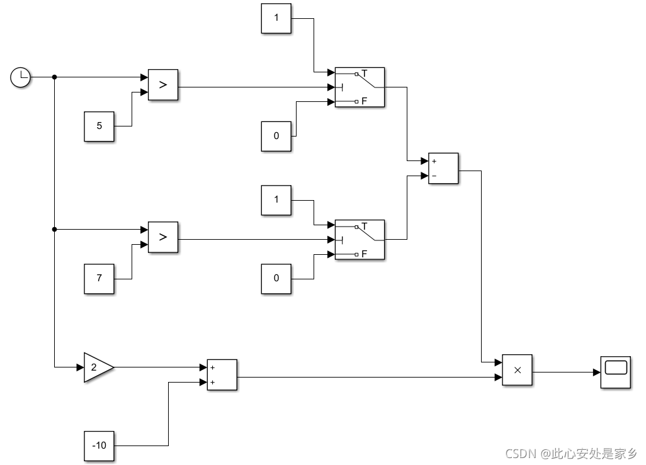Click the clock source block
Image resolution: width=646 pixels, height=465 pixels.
click(x=21, y=77)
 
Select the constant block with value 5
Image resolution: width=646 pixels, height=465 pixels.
click(x=99, y=126)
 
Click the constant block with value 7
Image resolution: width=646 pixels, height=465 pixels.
click(x=99, y=278)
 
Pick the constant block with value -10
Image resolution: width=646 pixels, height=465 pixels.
click(x=99, y=445)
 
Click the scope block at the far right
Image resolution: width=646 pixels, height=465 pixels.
click(x=616, y=372)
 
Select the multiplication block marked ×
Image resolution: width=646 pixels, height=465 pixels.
click(x=518, y=371)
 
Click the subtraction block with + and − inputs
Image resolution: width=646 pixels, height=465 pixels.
click(x=443, y=169)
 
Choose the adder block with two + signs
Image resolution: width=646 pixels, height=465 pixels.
click(x=222, y=374)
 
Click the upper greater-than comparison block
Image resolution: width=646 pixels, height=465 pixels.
click(x=163, y=85)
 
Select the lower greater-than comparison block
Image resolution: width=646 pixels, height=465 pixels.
click(x=163, y=237)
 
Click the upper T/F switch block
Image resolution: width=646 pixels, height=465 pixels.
click(x=360, y=87)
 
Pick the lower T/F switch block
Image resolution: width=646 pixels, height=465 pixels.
click(x=360, y=240)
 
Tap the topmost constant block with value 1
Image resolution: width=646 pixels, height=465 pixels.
click(x=276, y=18)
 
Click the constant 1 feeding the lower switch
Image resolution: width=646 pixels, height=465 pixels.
click(x=276, y=200)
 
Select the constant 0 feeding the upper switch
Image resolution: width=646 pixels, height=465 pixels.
click(x=276, y=136)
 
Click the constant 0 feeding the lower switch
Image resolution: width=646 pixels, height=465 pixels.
click(x=276, y=278)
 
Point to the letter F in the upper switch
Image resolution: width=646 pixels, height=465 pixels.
click(x=364, y=101)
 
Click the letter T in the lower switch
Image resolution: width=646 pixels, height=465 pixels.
click(x=364, y=226)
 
